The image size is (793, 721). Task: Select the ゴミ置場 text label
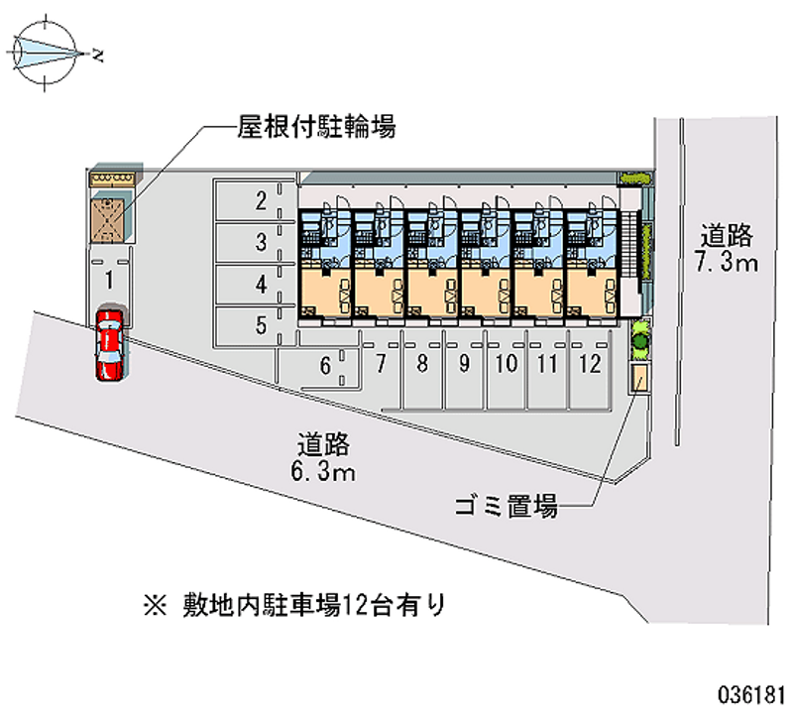(x=506, y=508)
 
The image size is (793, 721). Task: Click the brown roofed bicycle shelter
(x=109, y=217)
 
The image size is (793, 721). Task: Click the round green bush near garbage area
(x=640, y=341)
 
